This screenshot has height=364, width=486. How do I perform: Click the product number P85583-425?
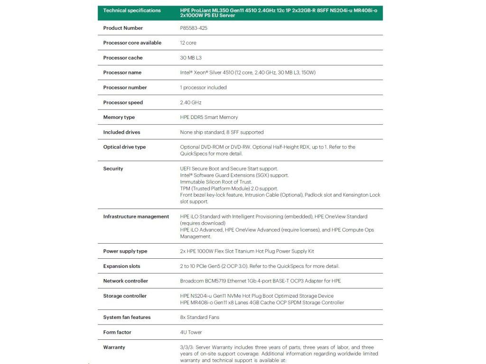pyautogui.click(x=194, y=28)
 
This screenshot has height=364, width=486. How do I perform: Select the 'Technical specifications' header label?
pyautogui.click(x=132, y=10)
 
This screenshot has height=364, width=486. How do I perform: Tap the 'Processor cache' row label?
pyautogui.click(x=123, y=58)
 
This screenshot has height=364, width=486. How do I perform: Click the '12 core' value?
pyautogui.click(x=188, y=43)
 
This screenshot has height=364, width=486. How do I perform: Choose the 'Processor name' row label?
pyautogui.click(x=122, y=73)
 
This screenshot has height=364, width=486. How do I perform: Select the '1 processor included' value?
pyautogui.click(x=204, y=87)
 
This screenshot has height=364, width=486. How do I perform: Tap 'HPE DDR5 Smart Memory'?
pyautogui.click(x=209, y=117)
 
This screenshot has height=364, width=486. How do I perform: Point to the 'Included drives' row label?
pyautogui.click(x=122, y=132)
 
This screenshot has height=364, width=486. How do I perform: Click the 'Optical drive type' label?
pyautogui.click(x=124, y=147)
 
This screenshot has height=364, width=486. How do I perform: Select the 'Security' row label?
pyautogui.click(x=113, y=169)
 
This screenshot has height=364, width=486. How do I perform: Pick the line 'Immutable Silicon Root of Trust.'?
pyautogui.click(x=216, y=182)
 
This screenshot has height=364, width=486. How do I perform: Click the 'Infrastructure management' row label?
pyautogui.click(x=136, y=217)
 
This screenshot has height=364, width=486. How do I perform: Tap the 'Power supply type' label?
pyautogui.click(x=125, y=251)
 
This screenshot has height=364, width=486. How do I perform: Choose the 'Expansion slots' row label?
pyautogui.click(x=122, y=266)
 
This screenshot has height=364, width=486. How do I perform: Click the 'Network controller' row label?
pyautogui.click(x=126, y=281)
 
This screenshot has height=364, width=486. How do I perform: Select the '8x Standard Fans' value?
pyautogui.click(x=200, y=317)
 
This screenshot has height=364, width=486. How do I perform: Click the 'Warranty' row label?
pyautogui.click(x=114, y=347)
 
